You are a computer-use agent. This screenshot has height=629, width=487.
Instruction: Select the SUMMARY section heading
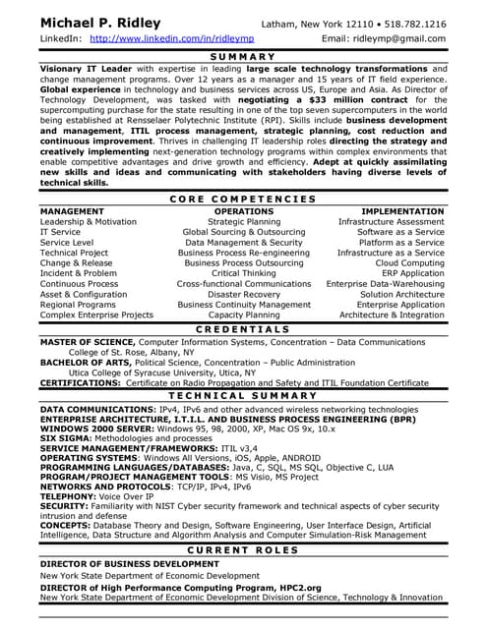[x=242, y=57]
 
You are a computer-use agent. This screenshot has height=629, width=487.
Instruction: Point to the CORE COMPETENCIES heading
[x=242, y=199]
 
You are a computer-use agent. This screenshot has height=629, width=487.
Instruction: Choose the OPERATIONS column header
[x=243, y=211]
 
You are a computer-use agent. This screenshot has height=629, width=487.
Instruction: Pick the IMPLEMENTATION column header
[x=402, y=211]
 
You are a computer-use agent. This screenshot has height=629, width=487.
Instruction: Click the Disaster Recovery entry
[x=243, y=294]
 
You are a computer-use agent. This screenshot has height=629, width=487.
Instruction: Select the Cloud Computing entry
[x=409, y=263]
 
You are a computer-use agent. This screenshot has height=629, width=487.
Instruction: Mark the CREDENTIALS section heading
[x=242, y=328]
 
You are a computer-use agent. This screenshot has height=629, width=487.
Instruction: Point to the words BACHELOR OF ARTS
[x=79, y=363]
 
